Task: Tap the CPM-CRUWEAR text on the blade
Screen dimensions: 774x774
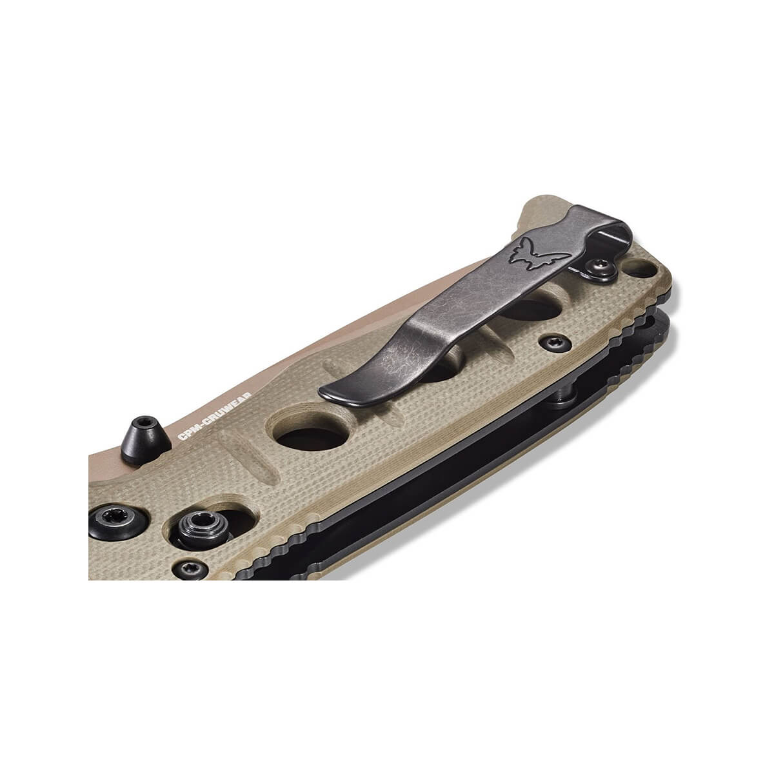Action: tap(215, 416)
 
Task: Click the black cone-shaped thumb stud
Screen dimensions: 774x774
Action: tap(145, 441)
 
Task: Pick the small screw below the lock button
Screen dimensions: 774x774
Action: tap(191, 568)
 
